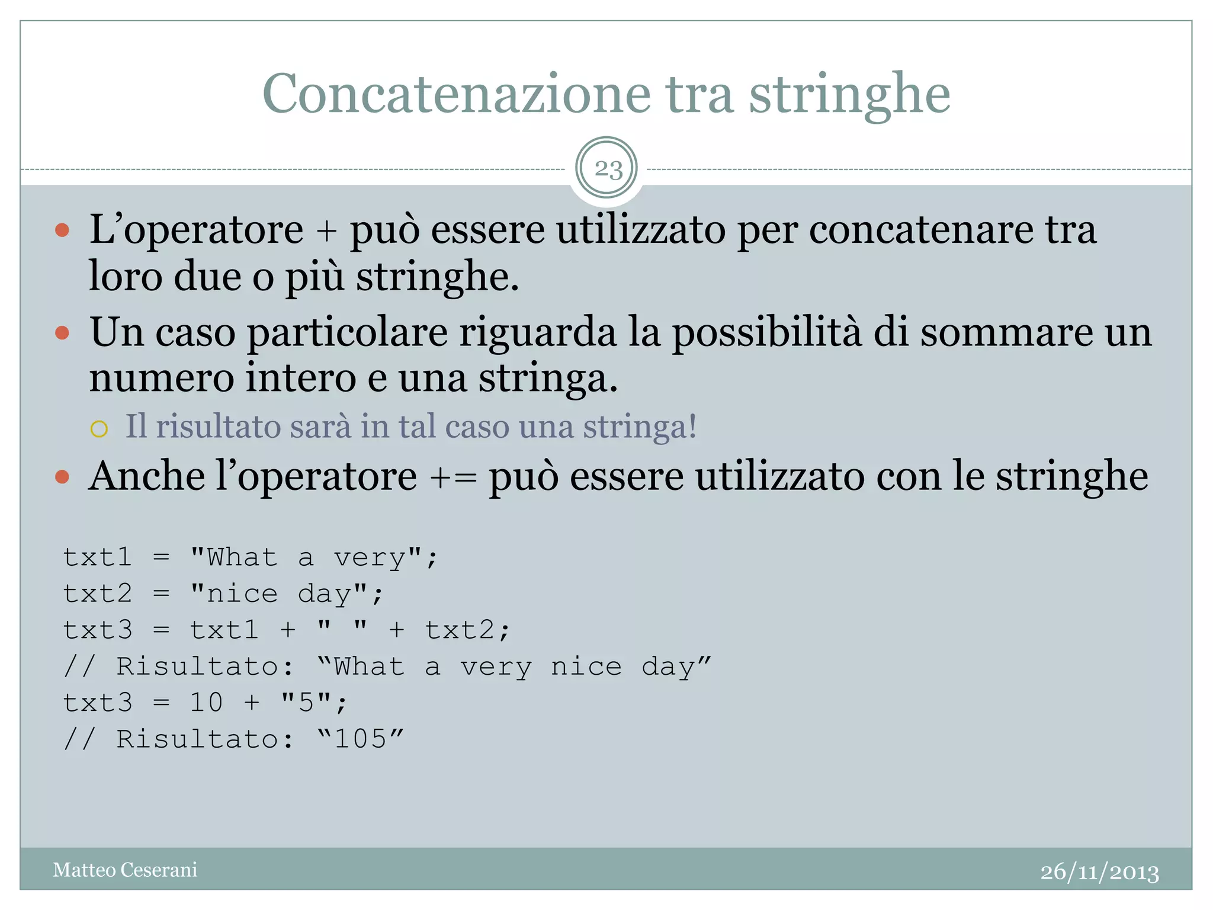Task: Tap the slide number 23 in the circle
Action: click(607, 169)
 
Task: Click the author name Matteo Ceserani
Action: click(125, 870)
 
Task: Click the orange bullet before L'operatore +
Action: click(62, 230)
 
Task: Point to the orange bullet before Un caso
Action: click(62, 332)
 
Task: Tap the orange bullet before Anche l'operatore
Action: click(62, 476)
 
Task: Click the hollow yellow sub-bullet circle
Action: click(99, 428)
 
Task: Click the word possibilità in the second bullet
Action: click(766, 332)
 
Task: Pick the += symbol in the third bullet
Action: click(453, 478)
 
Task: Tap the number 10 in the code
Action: click(206, 703)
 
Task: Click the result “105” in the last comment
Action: click(360, 739)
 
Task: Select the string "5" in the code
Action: click(306, 703)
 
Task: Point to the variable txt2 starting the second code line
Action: click(98, 594)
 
